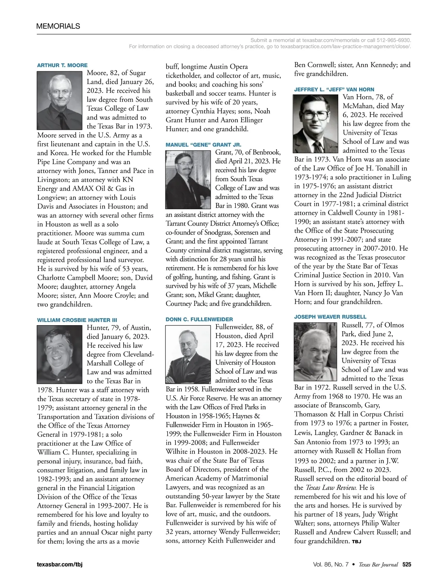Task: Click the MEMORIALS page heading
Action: coord(58,26)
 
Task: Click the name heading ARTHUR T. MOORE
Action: coord(62,65)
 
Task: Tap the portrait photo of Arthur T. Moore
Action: coord(60,101)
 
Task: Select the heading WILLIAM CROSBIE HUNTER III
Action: coord(77,320)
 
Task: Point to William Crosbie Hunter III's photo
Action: coord(59,354)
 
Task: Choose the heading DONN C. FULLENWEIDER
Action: coord(199,320)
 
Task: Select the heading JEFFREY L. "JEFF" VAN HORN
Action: coord(334,89)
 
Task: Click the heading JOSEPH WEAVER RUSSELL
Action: coord(330,317)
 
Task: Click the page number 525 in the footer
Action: coord(407,564)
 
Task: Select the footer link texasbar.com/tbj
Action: coord(60,564)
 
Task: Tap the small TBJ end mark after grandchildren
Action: coord(357,541)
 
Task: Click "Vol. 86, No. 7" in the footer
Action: coord(331,564)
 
